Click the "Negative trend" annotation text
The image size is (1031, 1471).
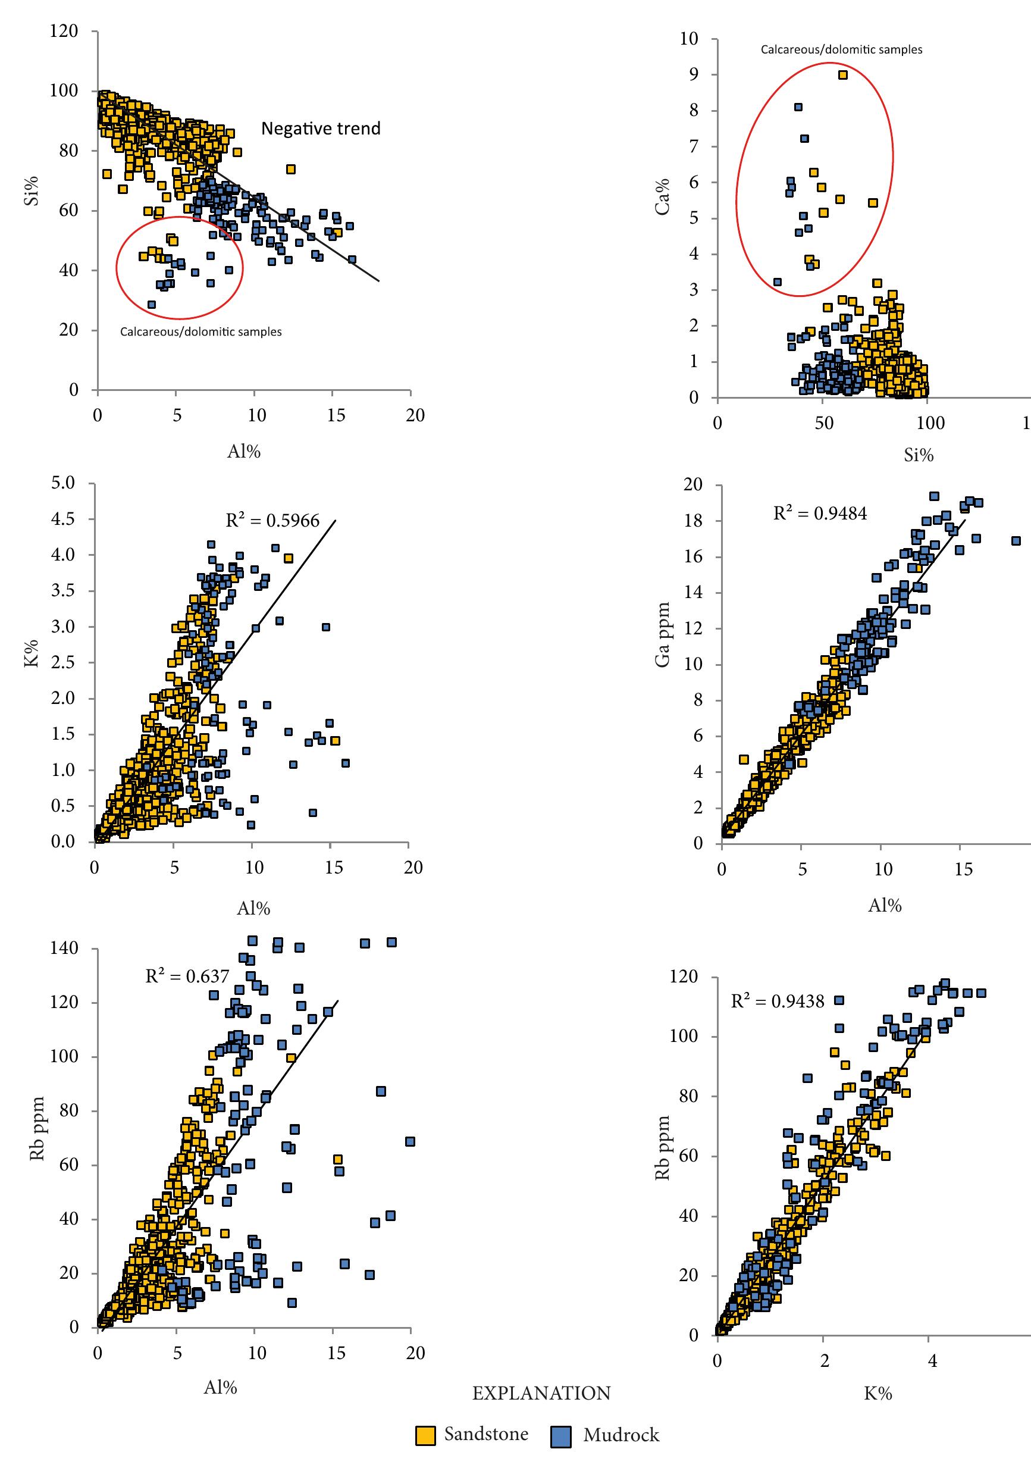pos(320,129)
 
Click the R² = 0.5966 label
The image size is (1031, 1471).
pos(272,520)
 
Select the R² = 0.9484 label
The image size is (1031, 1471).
pos(820,514)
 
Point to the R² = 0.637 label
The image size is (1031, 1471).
pos(187,977)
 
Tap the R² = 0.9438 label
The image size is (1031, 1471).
pos(778,1001)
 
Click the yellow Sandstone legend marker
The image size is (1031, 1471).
pos(425,1436)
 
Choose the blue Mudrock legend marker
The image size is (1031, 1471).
pos(560,1436)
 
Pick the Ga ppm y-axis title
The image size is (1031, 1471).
pos(662,635)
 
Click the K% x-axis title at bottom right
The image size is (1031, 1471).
pos(878,1394)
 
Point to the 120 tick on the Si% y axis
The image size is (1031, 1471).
pos(64,32)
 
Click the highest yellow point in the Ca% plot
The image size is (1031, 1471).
pos(843,75)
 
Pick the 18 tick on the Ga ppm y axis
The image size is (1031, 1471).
pos(693,521)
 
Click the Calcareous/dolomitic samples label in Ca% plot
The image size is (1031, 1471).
pos(841,50)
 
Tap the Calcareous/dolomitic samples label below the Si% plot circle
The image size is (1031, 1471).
pos(200,332)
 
